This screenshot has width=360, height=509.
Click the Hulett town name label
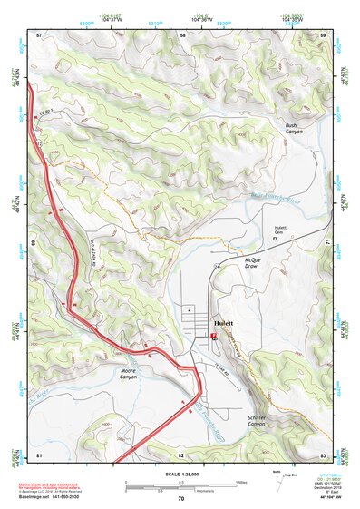point(223,324)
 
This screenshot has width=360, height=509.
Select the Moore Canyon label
point(129,373)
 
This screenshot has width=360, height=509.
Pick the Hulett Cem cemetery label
point(274,230)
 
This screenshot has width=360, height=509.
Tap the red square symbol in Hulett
point(214,336)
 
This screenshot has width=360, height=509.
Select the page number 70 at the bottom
point(180,499)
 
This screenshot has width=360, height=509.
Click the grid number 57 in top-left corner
point(39,34)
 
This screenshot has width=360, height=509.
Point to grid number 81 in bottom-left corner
point(39,454)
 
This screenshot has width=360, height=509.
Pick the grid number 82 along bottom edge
point(181,454)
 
